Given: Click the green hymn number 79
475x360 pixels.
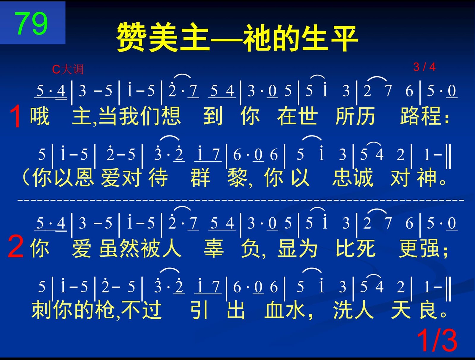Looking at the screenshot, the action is pos(31,23).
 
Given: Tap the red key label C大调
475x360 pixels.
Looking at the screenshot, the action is pos(68,69).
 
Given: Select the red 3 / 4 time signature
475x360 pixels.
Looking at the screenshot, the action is pos(424,67).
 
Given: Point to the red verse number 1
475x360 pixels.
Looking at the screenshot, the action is pos(15,116).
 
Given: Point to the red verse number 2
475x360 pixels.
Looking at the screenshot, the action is pos(15,247).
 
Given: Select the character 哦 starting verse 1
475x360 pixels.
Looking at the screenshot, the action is pos(40,116).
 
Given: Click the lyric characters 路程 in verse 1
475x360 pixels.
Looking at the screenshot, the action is pos(420,116).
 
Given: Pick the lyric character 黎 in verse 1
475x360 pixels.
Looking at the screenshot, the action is pos(237,178).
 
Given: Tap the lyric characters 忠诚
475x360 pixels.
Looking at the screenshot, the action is pos(353,178).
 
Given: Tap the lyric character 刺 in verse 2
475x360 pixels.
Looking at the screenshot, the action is pos(41,310).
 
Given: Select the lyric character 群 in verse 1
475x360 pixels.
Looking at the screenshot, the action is pos(200,178).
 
